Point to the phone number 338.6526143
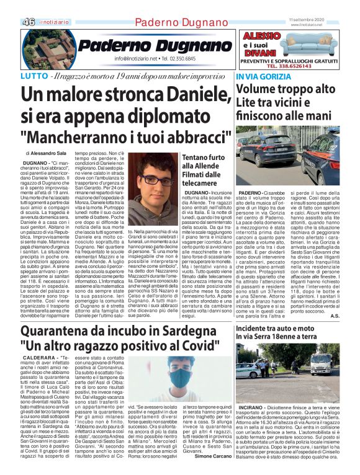(x=299, y=65)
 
